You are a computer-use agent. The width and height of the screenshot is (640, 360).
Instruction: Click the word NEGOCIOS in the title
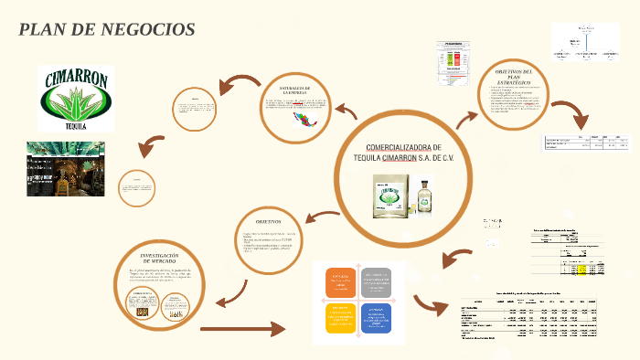pos(150,29)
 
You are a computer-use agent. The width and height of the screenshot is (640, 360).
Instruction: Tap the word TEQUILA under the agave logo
pos(76,126)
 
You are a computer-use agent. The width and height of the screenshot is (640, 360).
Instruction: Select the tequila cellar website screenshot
pos(65,169)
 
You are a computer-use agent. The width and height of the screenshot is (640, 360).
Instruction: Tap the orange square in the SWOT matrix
pos(339,282)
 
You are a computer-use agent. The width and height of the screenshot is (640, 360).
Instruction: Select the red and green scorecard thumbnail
pos(453,63)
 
